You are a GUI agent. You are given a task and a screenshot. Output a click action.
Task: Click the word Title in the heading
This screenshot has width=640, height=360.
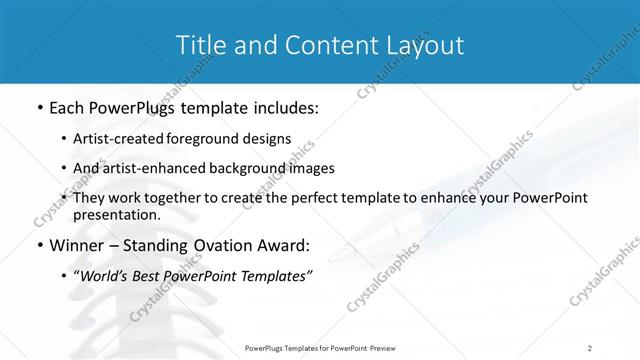[x=199, y=45]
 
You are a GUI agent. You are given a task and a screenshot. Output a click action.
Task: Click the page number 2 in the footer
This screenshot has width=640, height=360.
[x=590, y=347]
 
